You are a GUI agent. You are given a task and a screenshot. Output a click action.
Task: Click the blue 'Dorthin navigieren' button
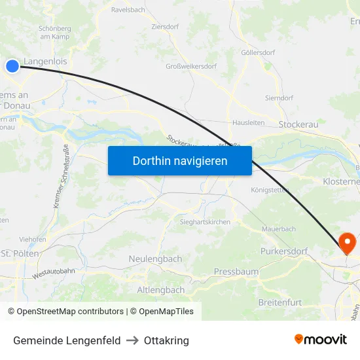tap(180, 160)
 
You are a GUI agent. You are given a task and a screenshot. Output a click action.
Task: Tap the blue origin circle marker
tap(12, 65)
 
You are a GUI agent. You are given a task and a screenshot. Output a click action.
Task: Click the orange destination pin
tap(347, 243)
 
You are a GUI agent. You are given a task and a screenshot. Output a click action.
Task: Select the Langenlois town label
tap(45, 62)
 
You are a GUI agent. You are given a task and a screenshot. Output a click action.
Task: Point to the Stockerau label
tap(298, 124)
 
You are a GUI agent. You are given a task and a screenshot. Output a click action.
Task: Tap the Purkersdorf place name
tap(283, 251)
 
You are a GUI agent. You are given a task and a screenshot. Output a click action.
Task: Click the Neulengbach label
tap(155, 259)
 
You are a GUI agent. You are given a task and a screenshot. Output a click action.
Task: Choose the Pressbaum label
tap(236, 271)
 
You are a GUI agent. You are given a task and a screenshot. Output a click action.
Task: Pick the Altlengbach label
tap(161, 289)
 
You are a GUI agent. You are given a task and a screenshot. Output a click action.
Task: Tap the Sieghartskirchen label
tap(205, 222)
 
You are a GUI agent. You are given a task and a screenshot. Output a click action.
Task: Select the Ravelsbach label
tap(128, 10)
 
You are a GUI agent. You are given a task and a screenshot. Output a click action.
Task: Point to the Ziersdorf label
tap(165, 27)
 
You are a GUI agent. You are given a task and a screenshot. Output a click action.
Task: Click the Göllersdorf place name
tap(258, 52)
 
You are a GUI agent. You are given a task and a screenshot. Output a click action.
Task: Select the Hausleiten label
tap(249, 122)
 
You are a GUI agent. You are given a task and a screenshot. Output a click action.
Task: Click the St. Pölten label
tap(20, 253)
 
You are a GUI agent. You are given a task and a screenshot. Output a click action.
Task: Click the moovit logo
tap(321, 339)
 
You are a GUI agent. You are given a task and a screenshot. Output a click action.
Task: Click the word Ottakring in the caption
tap(166, 340)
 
